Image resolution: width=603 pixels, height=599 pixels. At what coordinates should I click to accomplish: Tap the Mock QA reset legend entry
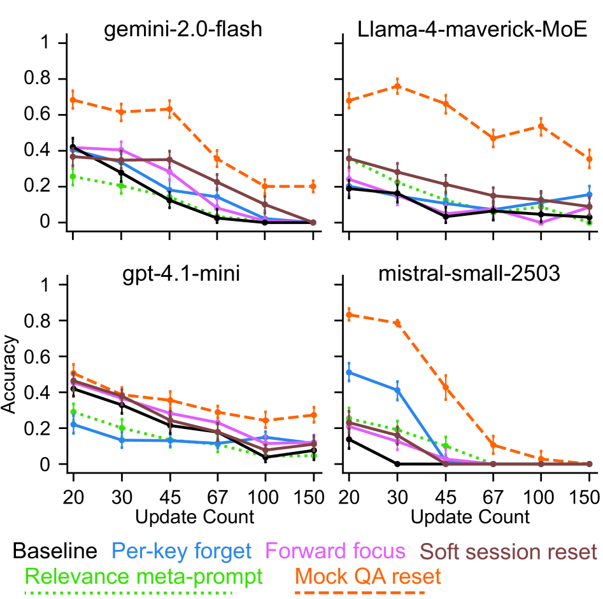click(369, 577)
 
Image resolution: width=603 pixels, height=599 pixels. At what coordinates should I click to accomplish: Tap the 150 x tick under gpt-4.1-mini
click(313, 497)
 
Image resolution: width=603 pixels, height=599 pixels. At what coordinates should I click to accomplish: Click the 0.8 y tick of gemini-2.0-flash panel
click(49, 79)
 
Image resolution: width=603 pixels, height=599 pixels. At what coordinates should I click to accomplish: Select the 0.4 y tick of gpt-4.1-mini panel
click(49, 393)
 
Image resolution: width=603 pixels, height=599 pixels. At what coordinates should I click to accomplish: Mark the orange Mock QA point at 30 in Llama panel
click(397, 86)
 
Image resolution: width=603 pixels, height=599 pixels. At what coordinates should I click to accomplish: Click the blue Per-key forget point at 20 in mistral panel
click(349, 372)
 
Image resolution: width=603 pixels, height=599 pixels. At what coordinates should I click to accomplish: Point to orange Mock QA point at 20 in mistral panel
click(349, 314)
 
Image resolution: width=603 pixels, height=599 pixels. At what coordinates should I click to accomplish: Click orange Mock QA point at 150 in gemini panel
click(313, 187)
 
